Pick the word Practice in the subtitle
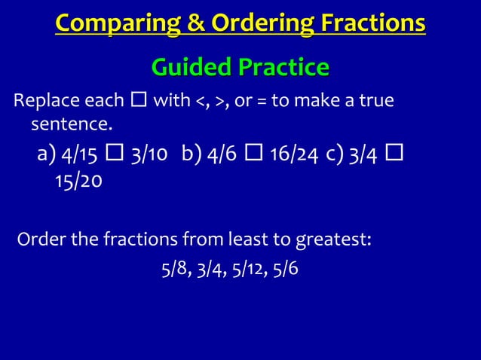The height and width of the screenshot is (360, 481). point(284,68)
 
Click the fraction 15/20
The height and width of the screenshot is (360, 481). point(78,182)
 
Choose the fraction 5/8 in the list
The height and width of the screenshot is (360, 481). point(176,268)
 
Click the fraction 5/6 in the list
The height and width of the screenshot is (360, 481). point(285,268)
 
